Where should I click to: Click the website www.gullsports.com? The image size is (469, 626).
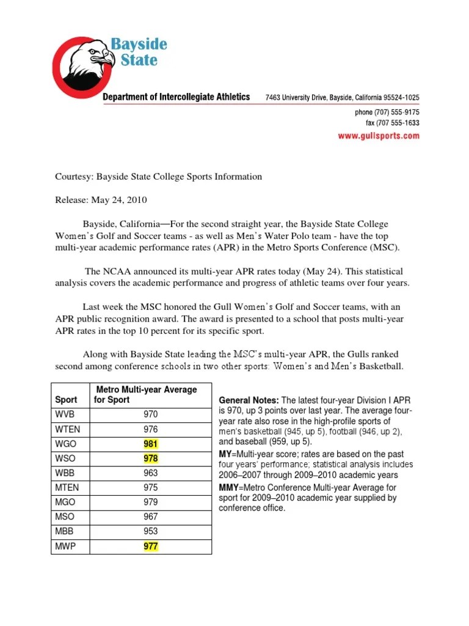coord(379,136)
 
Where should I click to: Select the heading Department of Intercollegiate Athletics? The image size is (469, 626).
coord(176,97)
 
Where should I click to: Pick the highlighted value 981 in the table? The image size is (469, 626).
coord(150,443)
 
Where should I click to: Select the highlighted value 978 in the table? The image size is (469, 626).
coord(150,458)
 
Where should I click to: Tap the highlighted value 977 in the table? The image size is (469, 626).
coord(150,547)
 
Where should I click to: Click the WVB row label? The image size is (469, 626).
coord(65,414)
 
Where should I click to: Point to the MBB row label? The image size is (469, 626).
coord(64,532)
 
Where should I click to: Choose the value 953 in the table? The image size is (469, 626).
coord(150,532)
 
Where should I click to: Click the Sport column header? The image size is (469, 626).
coord(66,399)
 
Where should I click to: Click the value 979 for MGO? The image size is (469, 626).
coord(150,502)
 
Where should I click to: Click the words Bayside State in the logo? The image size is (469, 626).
coord(138,52)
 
